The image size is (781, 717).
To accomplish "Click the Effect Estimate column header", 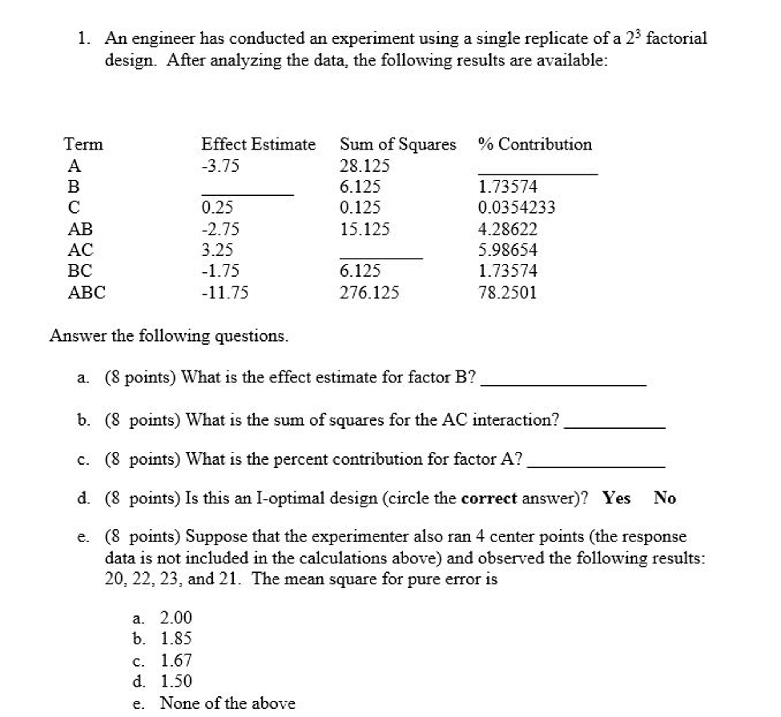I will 258,144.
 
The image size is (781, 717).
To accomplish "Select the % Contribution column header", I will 535,144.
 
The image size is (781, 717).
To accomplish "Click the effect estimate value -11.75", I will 225,293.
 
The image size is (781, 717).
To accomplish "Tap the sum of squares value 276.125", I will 369,293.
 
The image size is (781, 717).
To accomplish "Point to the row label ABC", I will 87,293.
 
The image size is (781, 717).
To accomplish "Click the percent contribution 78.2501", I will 507,293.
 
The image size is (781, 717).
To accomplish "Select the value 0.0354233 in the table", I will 516,207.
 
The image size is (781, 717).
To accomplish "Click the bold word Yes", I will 616,498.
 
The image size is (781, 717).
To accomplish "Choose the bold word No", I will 665,498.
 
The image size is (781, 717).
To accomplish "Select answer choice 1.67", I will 176,661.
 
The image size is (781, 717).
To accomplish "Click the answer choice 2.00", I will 176,618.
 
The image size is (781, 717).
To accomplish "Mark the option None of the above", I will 228,703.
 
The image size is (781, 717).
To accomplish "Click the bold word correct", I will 489,498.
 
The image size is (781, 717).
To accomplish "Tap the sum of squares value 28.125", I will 365,166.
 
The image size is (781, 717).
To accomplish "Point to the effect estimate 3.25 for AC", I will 217,250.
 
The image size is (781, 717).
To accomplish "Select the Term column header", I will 83,144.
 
